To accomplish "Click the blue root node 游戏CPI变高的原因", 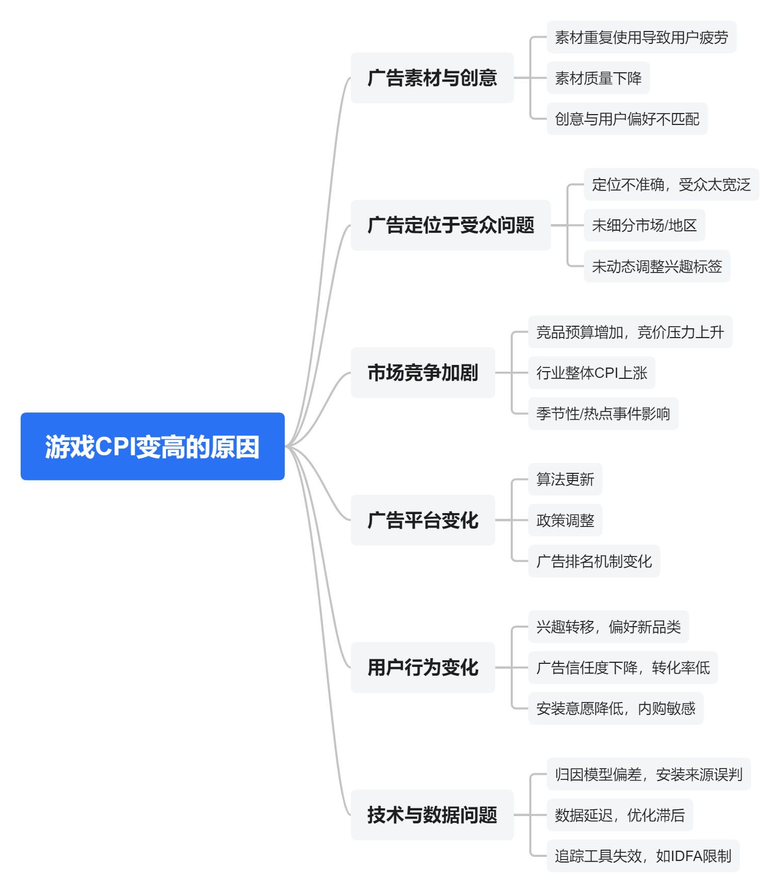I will pos(152,446).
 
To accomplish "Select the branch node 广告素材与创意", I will pos(432,78).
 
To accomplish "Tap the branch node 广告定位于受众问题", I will pos(450,225).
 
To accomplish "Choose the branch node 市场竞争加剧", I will pos(423,373).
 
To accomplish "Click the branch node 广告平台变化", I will pos(423,520).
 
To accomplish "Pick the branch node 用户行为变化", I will pos(423,667).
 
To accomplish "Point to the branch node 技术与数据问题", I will pos(432,815).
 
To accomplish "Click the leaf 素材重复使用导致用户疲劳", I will pos(641,37).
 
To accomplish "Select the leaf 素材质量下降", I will pos(598,78).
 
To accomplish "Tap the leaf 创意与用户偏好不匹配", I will pos(627,119).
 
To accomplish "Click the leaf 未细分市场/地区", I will pos(644,225).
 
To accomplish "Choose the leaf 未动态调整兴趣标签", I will pos(657,266).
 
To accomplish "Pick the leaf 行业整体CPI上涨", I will pos(592,373).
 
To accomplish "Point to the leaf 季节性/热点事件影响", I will pos(603,413).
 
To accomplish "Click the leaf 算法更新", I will pos(565,479).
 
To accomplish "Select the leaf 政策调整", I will pos(565,520).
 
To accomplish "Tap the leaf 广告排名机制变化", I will pos(594,561).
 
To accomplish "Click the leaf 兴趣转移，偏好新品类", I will pos(608,627).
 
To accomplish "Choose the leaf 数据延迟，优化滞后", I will pos(620,815).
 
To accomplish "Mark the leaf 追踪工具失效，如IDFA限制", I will pos(643,856).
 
